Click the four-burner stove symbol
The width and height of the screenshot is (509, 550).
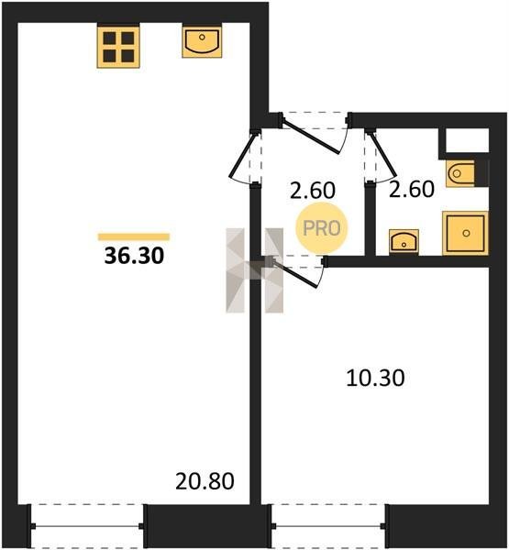click(118, 47)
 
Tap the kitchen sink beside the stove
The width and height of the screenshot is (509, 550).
click(202, 42)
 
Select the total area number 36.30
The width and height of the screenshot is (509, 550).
click(134, 256)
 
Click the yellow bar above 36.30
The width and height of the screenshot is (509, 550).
click(134, 237)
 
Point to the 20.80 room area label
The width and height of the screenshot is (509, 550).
click(205, 481)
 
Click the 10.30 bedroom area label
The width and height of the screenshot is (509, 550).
click(375, 378)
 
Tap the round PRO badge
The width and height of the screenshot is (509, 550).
click(322, 228)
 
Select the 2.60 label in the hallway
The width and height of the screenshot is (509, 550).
click(313, 191)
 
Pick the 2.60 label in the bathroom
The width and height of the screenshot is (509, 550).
click(412, 189)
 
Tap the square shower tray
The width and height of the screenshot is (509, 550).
click(466, 233)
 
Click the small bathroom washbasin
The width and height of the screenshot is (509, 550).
click(404, 241)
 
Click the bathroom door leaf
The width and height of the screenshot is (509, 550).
click(383, 155)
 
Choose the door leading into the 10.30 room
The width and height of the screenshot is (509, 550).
click(296, 273)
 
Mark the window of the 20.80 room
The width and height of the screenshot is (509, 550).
click(87, 526)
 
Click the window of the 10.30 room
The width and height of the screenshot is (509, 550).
click(328, 526)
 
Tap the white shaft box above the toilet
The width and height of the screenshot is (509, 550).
click(467, 140)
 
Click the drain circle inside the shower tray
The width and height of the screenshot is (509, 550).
click(466, 233)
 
